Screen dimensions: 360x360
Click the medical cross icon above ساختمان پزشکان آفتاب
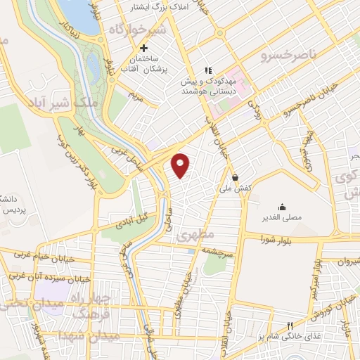[x=144, y=48]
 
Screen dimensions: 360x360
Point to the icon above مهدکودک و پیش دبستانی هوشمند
[x=207, y=70]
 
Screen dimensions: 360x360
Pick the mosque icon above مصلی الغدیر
[x=282, y=206]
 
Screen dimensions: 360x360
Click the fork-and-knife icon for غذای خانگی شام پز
[x=289, y=326]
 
